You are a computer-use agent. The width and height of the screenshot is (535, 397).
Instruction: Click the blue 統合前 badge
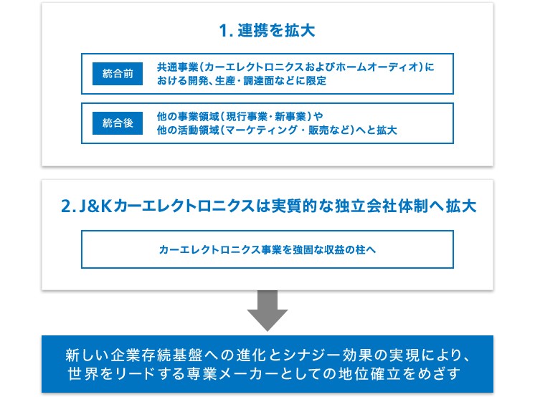[x=118, y=74]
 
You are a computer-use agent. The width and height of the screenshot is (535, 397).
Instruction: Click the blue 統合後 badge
[x=118, y=123]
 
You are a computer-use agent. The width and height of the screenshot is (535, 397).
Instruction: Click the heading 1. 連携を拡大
[x=267, y=30]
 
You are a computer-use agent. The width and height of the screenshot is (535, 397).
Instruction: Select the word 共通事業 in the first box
[x=177, y=67]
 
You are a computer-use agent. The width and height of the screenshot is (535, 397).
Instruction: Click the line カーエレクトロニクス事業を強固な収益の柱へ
[x=267, y=249]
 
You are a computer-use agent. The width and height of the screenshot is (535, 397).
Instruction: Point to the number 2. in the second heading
[x=68, y=206]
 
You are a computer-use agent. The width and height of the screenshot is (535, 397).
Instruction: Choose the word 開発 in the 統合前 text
[x=198, y=80]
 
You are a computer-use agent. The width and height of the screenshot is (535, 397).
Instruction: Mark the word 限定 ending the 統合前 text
[x=316, y=80]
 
